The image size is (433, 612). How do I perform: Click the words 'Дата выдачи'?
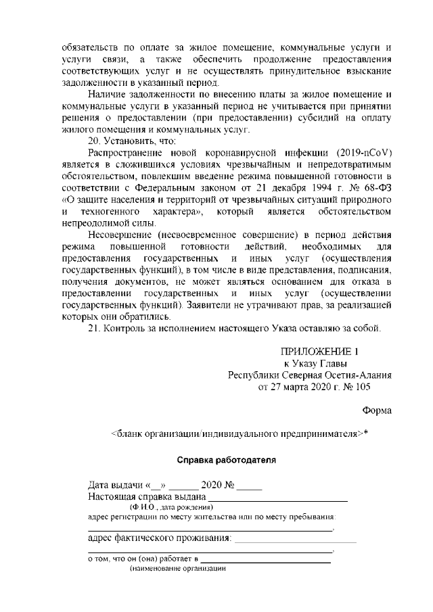tap(113, 486)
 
